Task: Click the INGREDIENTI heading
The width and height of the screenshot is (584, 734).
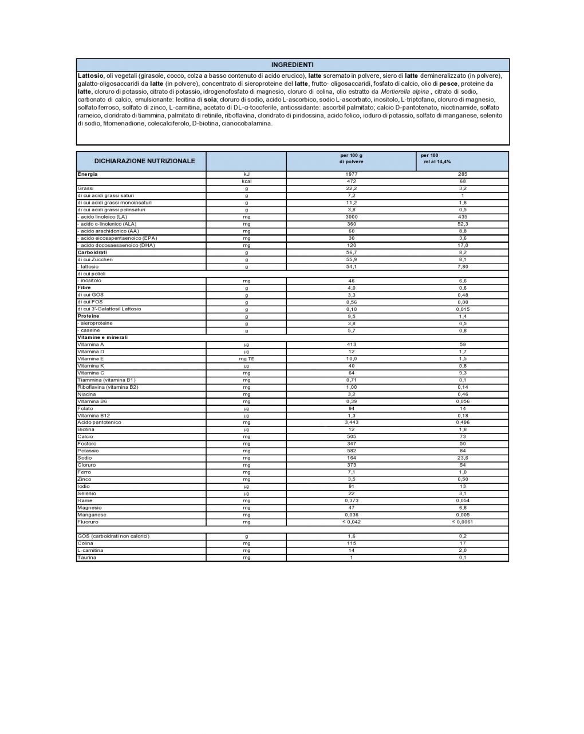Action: (292, 65)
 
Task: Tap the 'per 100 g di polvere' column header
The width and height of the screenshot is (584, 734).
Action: (351, 159)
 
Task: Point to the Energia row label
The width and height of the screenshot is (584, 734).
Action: (88, 174)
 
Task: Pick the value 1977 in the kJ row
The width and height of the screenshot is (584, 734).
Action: (351, 174)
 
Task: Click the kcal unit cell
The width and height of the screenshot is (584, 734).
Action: (246, 181)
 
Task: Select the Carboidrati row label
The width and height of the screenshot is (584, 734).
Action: (92, 252)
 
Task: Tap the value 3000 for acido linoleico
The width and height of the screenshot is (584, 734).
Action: (351, 217)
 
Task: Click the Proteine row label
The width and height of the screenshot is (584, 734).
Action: (88, 316)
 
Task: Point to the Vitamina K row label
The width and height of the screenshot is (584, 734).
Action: (90, 366)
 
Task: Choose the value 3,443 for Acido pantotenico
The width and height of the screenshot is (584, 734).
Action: (351, 423)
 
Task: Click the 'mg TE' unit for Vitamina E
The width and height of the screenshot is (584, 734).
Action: (246, 359)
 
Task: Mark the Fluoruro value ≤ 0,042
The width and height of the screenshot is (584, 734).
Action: (351, 522)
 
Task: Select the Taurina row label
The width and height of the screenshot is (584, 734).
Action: (86, 558)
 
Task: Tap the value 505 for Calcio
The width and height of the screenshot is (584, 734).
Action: (351, 437)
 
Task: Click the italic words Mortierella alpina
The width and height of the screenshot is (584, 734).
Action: (404, 92)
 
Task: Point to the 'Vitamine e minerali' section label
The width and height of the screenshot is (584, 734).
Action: (102, 337)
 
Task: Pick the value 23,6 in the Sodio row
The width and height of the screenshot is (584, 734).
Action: (463, 458)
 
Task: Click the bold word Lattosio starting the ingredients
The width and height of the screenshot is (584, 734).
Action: (90, 76)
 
